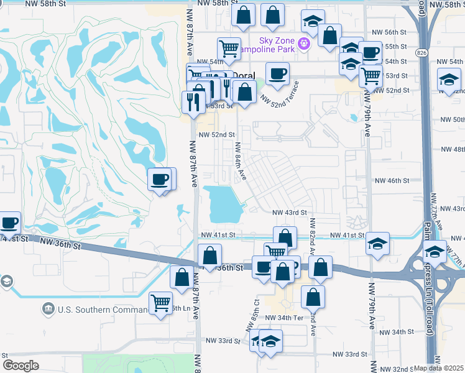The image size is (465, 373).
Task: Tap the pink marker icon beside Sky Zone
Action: click(303, 43)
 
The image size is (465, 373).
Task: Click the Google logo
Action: click(21, 366)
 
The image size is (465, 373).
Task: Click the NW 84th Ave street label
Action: click(241, 162)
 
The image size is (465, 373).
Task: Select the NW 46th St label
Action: click(392, 180)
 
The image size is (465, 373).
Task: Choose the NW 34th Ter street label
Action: click(284, 318)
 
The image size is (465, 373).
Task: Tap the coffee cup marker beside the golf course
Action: click(159, 180)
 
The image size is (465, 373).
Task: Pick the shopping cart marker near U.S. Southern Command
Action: click(160, 303)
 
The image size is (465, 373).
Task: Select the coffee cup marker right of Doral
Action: click(277, 74)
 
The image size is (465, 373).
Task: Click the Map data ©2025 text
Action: click(439, 368)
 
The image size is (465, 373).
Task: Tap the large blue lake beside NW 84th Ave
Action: click(224, 203)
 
